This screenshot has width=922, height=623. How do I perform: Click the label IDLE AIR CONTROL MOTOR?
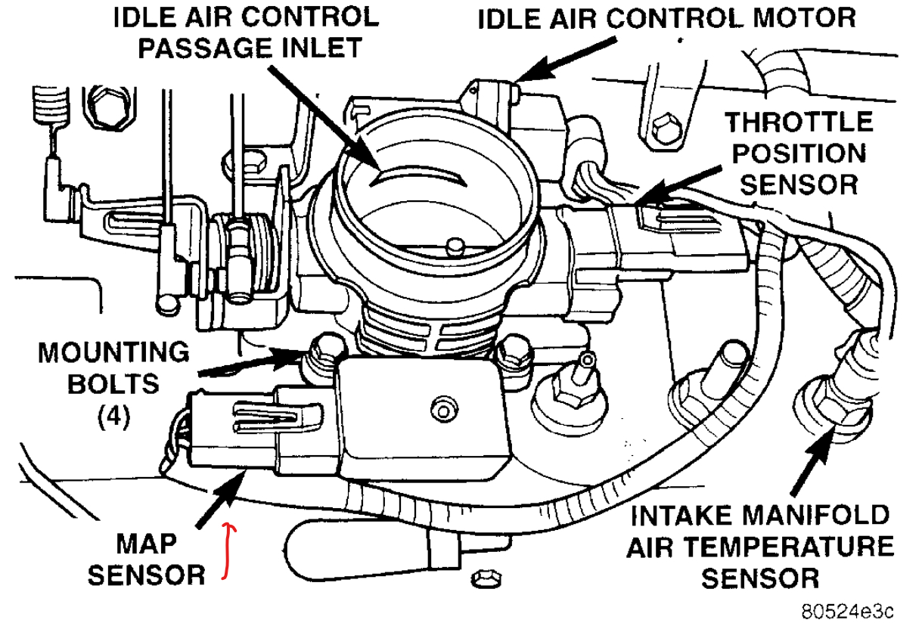pos(666,17)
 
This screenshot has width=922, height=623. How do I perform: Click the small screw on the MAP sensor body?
pos(439,411)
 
